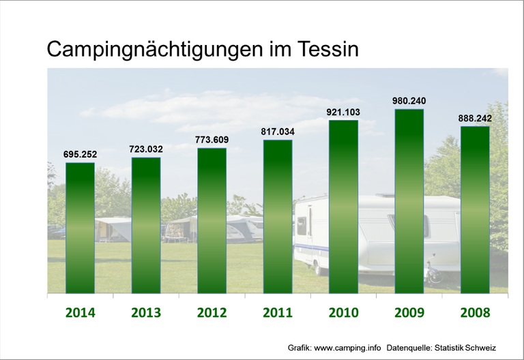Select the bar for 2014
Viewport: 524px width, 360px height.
(80, 228)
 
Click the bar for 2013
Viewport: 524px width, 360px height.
(146, 225)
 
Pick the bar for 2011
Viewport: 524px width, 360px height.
(278, 217)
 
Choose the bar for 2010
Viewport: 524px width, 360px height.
(343, 207)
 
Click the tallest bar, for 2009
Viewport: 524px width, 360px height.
(409, 201)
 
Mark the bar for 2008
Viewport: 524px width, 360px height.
(475, 209)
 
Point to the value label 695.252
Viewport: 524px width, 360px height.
(80, 155)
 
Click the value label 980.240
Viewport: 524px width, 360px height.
(409, 101)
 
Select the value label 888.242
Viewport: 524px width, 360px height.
(475, 118)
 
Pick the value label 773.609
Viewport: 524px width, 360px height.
(212, 140)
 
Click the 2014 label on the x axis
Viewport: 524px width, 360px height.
(80, 313)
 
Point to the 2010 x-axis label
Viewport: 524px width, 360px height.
(343, 313)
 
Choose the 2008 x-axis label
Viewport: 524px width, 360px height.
(475, 313)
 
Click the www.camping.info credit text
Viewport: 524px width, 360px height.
(347, 347)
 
